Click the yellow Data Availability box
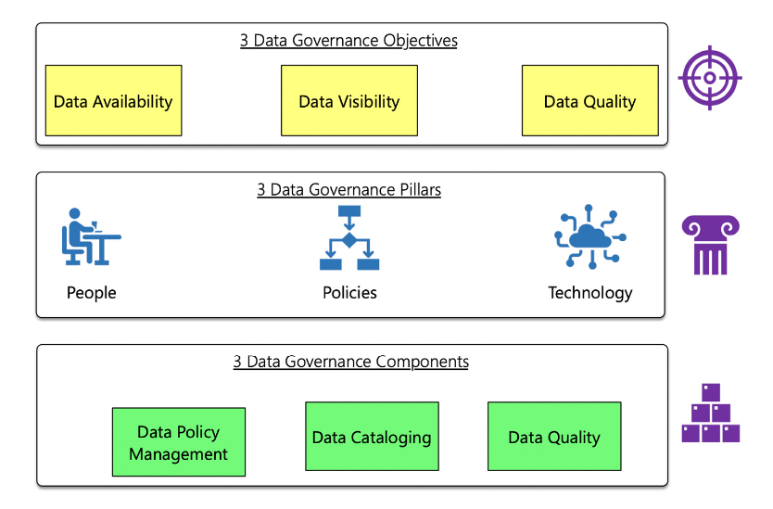pyautogui.click(x=113, y=101)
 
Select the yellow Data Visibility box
pyautogui.click(x=349, y=101)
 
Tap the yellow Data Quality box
pyautogui.click(x=589, y=101)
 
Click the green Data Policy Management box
pyautogui.click(x=179, y=442)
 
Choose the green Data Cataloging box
pyautogui.click(x=372, y=437)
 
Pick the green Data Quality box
pyautogui.click(x=554, y=437)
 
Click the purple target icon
pyautogui.click(x=710, y=78)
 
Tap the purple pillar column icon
pyautogui.click(x=711, y=245)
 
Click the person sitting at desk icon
pyautogui.click(x=91, y=237)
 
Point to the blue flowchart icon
pyautogui.click(x=349, y=238)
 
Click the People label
pyautogui.click(x=92, y=293)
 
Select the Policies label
pyautogui.click(x=349, y=293)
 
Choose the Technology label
pyautogui.click(x=589, y=293)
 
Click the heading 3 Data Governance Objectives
pyautogui.click(x=348, y=41)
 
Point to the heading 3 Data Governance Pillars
pyautogui.click(x=348, y=190)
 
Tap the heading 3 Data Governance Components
pyautogui.click(x=350, y=362)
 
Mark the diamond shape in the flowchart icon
pyautogui.click(x=349, y=240)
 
